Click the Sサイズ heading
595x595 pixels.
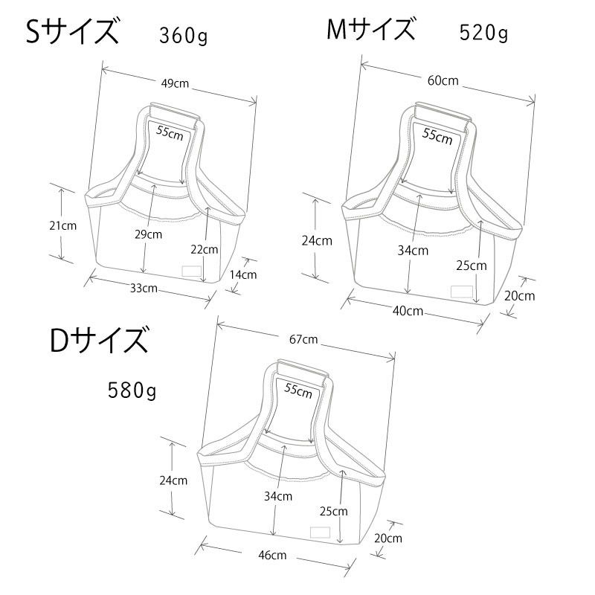[72, 32]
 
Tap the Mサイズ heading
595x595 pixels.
[370, 29]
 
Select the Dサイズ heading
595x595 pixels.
[99, 340]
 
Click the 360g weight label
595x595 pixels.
[183, 36]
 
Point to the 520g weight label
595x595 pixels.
[483, 33]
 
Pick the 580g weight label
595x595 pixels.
[132, 390]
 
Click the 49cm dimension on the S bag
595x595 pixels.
[175, 83]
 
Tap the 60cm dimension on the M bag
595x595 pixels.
[443, 80]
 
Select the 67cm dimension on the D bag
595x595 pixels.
[303, 339]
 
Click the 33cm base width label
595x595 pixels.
[144, 288]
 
